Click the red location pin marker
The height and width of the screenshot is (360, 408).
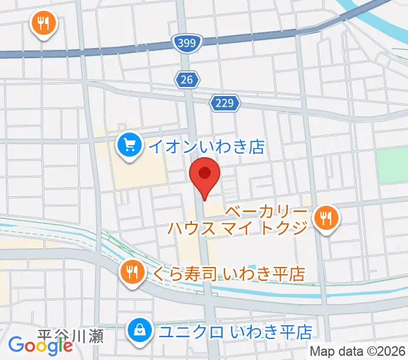pos(205,175)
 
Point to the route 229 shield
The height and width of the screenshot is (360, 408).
pos(225,103)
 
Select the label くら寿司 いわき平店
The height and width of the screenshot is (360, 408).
pos(229,274)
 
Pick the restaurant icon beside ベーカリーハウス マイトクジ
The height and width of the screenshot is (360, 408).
pos(326,217)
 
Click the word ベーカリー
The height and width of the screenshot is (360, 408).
pos(267,211)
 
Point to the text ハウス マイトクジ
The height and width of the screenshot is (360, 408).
pos(238,228)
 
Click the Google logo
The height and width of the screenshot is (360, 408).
pos(40,345)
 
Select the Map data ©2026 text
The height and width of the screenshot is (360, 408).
pos(357,350)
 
